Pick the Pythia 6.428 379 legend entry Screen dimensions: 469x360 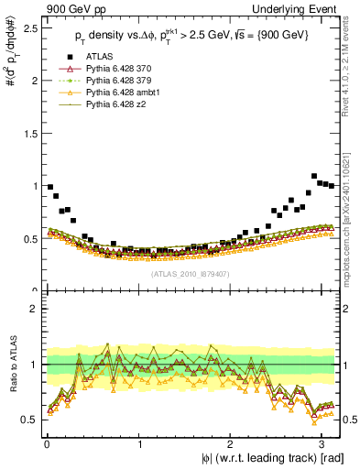tap(120, 93)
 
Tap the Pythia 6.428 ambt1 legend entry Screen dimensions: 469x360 tap(123, 104)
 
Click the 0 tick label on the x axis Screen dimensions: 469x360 tap(46, 443)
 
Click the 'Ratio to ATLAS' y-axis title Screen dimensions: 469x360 tap(11, 365)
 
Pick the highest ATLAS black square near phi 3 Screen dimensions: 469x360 tap(314, 176)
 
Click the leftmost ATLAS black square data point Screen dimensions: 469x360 tap(49, 187)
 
